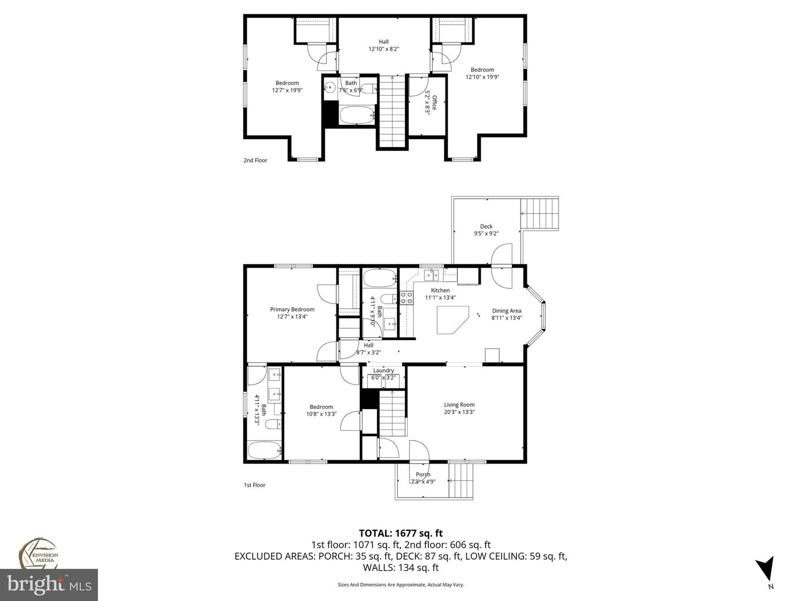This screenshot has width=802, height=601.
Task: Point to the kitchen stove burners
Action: [x=406, y=298]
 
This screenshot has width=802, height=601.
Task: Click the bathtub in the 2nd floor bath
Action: [x=358, y=116]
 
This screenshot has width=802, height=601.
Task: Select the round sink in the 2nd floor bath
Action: [x=330, y=87]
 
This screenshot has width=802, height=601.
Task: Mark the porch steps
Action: [x=461, y=480]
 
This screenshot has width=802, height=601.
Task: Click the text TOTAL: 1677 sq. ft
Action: [x=400, y=534]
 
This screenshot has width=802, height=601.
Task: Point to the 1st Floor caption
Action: [x=255, y=485]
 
